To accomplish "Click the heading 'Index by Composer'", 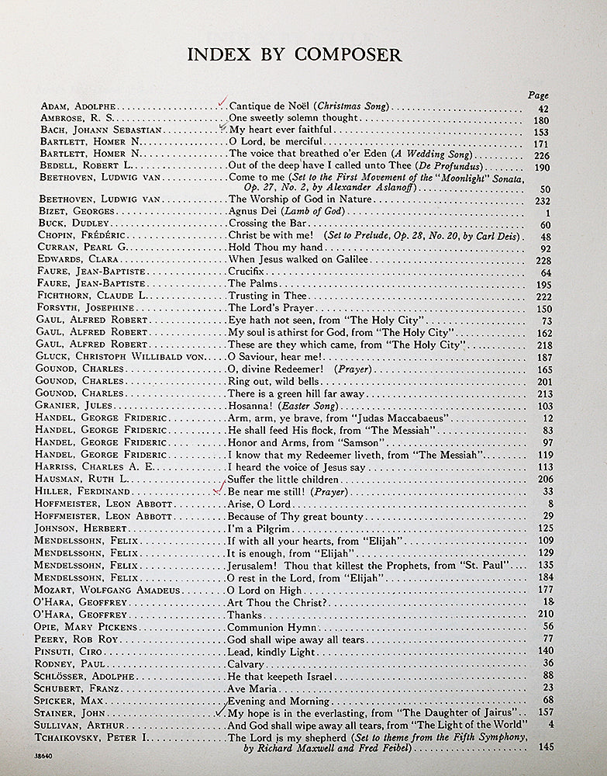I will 295,54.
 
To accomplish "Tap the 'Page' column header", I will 538,95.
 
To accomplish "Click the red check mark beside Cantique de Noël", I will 222,101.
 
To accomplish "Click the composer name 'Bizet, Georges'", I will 76,211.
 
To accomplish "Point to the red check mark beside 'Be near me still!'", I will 222,487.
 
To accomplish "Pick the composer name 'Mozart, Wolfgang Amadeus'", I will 107,590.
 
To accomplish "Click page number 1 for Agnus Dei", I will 547,212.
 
